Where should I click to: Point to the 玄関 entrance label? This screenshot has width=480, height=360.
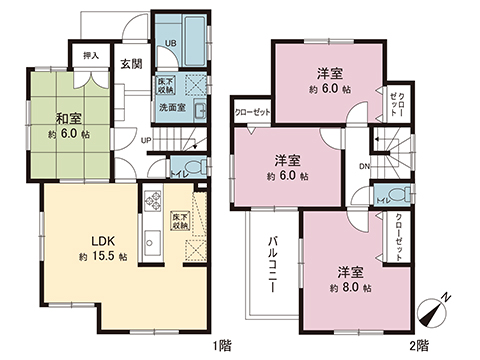pyautogui.click(x=132, y=65)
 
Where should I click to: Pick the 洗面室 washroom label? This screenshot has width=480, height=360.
pyautogui.click(x=172, y=108)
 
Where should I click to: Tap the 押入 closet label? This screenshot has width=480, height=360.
pyautogui.click(x=89, y=57)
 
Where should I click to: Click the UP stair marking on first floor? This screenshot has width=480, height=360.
pyautogui.click(x=145, y=140)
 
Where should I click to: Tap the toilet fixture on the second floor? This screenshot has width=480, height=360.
pyautogui.click(x=394, y=196)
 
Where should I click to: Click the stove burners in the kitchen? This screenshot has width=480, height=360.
pyautogui.click(x=154, y=203)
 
